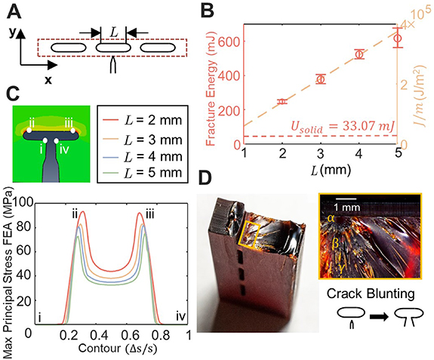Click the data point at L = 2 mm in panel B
282,101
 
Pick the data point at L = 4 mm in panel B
359,54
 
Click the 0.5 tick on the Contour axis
105,337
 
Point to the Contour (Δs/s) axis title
105,350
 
